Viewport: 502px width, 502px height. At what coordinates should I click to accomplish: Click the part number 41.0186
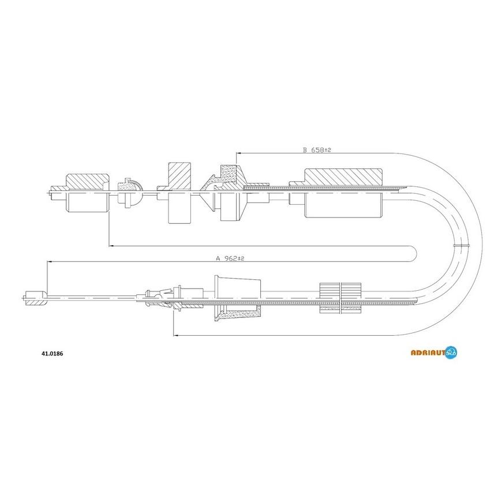[x=52, y=354]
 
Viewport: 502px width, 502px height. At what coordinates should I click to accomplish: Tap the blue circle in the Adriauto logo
[x=451, y=352]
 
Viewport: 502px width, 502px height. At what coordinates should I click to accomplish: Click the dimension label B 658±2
[x=317, y=149]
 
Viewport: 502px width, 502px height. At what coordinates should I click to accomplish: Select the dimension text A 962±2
[x=230, y=258]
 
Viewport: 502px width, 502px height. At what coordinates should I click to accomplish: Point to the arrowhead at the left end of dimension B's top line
[x=238, y=153]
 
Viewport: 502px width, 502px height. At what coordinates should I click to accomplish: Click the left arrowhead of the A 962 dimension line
[x=49, y=261]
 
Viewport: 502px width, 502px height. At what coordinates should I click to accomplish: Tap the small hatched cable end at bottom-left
[x=35, y=298]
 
